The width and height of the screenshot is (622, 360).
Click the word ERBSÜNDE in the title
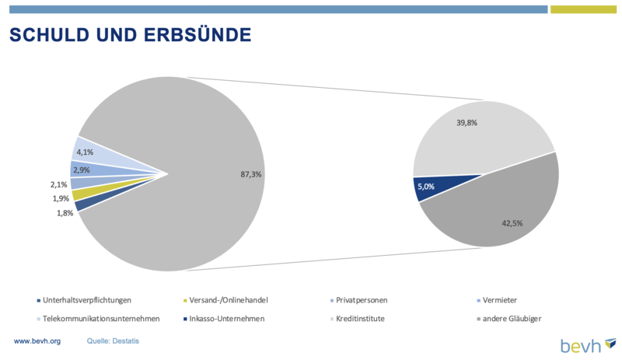point(197,34)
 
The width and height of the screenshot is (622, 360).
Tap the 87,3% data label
point(250,174)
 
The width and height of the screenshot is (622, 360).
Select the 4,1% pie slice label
point(85,152)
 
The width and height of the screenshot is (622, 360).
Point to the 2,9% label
point(82,170)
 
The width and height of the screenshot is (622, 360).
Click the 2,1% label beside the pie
point(59,184)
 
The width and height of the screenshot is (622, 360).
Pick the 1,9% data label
point(61,198)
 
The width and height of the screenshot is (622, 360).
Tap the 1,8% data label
point(65,213)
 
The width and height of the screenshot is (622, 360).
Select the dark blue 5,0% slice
point(428,186)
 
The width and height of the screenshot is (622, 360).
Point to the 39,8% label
point(466,123)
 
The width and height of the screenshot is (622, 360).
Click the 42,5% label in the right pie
point(512,223)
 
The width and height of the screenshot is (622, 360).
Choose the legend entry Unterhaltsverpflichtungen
point(84,300)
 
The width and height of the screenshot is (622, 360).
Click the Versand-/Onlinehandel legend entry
point(225,300)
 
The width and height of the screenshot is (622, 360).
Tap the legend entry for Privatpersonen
point(359,300)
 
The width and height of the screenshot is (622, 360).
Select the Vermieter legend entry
point(497,300)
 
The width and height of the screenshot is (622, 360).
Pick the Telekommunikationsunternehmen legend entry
point(99,319)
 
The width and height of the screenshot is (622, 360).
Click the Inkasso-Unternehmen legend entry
point(224,319)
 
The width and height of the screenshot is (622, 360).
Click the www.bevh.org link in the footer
point(37,341)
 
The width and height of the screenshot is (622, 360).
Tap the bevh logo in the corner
point(589,345)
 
